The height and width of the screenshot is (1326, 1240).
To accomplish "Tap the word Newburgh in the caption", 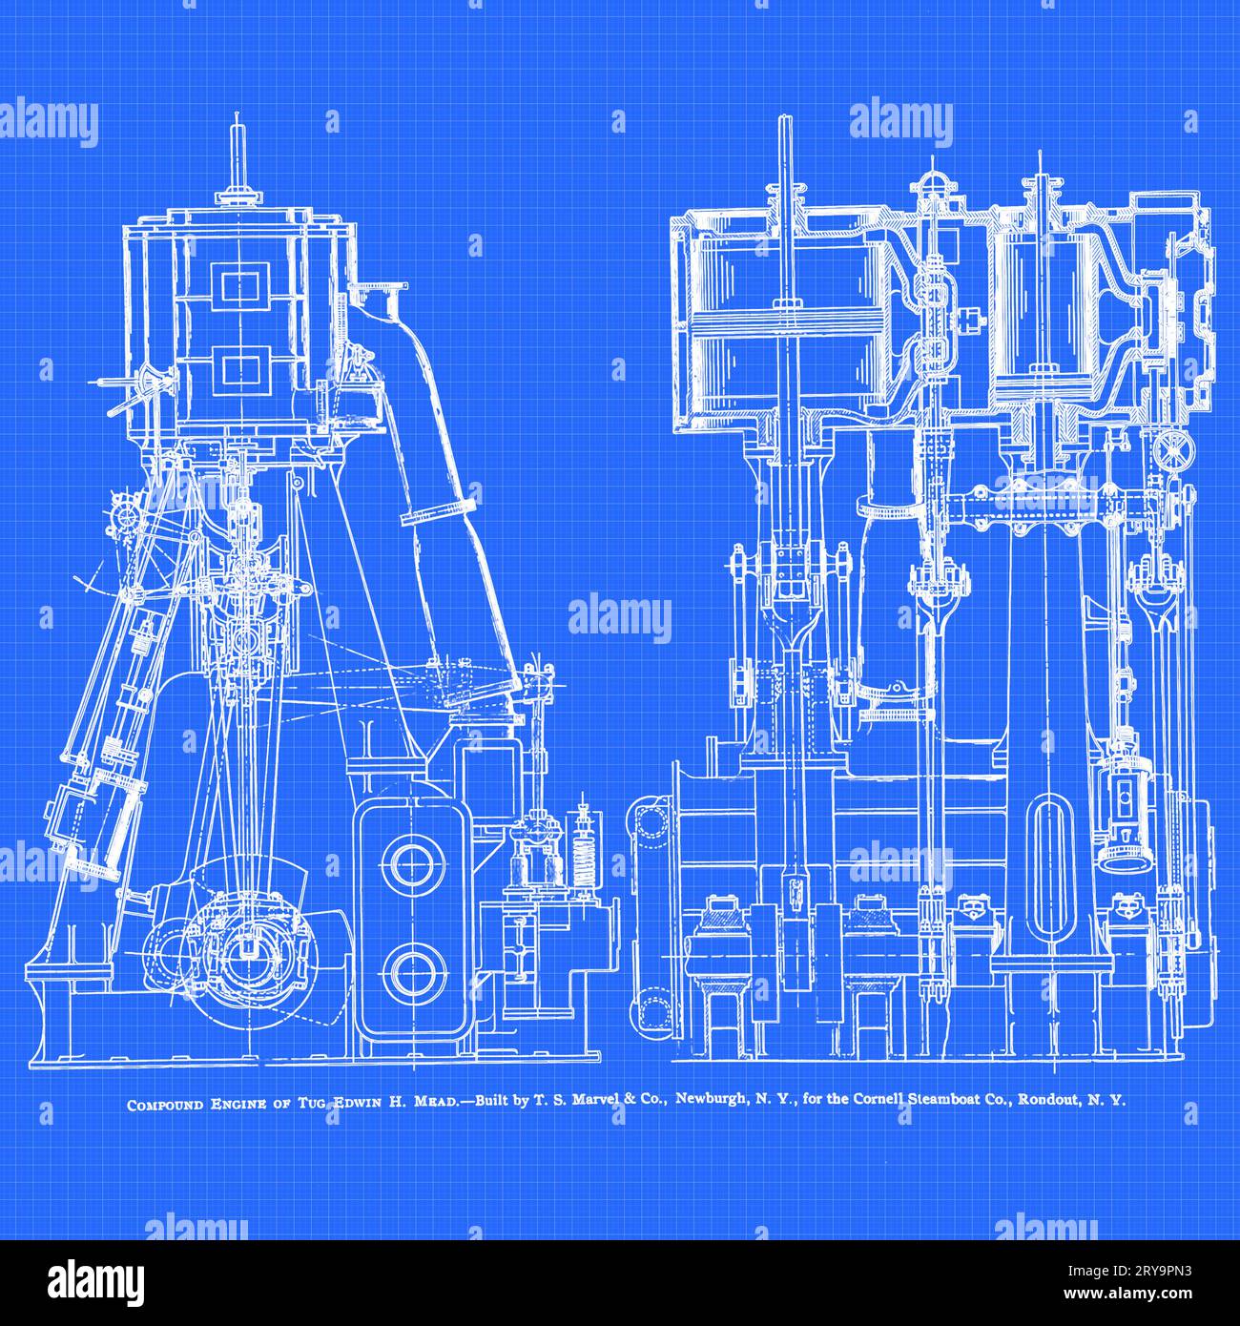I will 713,1099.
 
